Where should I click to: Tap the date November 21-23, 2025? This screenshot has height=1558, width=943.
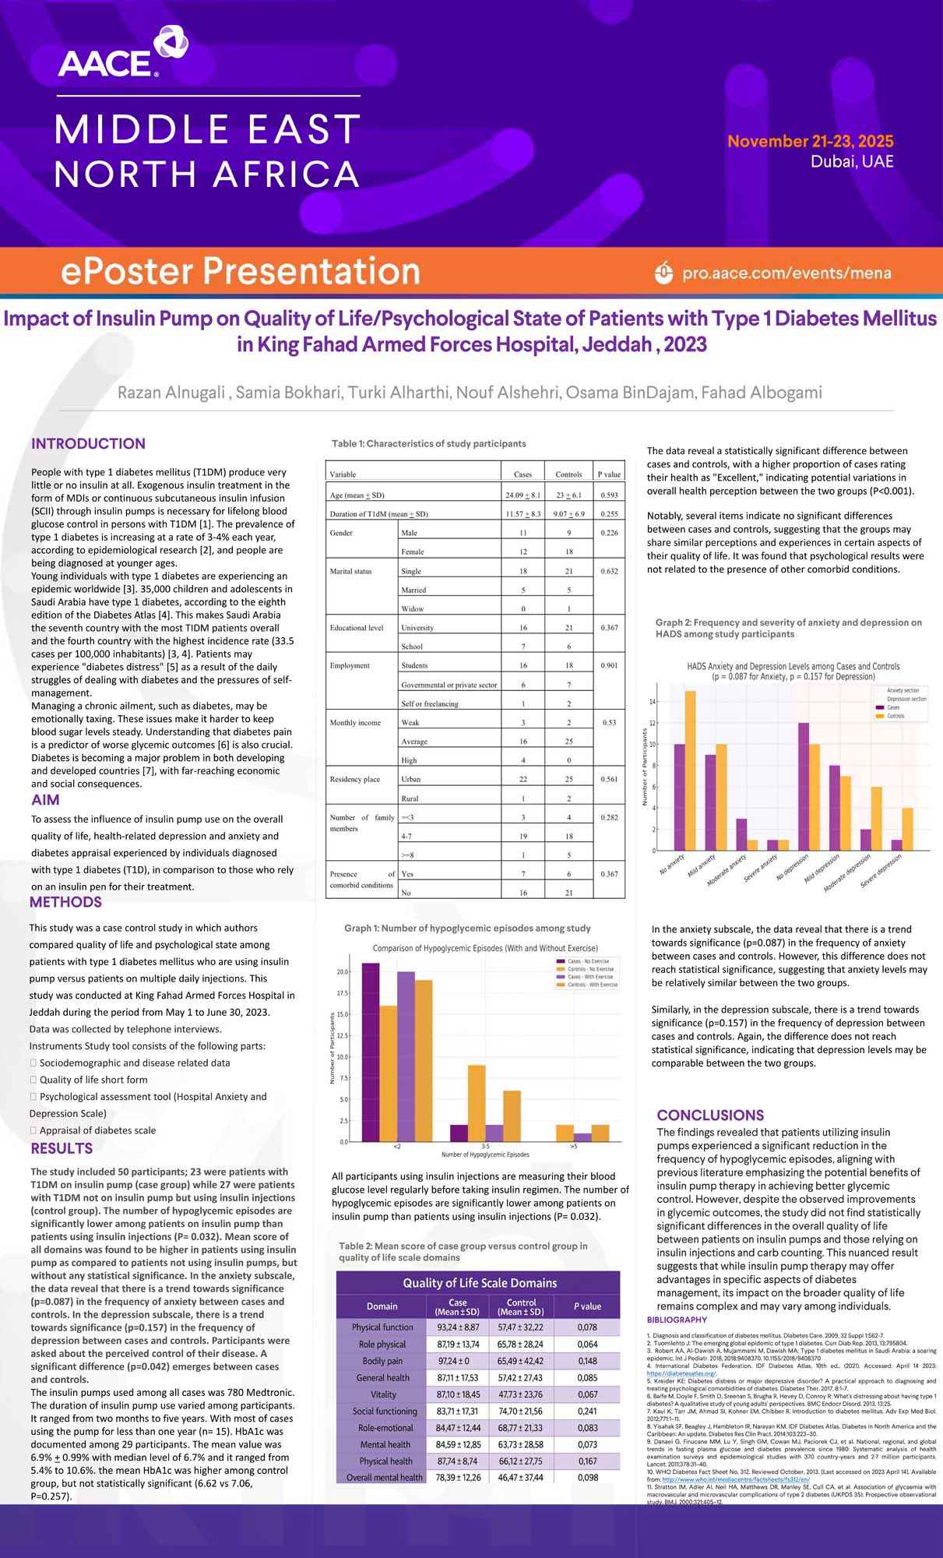[810, 141]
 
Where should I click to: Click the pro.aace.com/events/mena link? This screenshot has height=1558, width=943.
[786, 273]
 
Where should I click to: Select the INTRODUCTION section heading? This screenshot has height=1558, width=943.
[88, 443]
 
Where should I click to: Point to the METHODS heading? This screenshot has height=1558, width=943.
[65, 902]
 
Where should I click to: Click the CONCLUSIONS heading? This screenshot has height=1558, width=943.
[710, 1115]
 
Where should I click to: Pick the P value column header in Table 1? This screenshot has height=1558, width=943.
[608, 474]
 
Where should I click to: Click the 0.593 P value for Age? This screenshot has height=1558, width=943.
[608, 495]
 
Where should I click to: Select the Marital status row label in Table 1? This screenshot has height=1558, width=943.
[350, 571]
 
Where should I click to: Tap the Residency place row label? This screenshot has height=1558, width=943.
[354, 779]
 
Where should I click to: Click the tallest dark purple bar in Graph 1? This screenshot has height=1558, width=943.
[371, 1052]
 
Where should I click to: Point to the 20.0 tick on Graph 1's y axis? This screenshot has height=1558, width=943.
[343, 971]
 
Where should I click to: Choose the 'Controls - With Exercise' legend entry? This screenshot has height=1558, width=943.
[592, 985]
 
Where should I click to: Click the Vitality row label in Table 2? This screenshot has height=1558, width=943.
[383, 1394]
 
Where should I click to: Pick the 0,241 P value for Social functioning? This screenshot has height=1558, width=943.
[587, 1411]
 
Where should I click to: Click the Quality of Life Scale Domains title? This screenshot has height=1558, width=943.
[479, 1283]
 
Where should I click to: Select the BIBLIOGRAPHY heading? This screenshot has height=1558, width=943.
[677, 1320]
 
